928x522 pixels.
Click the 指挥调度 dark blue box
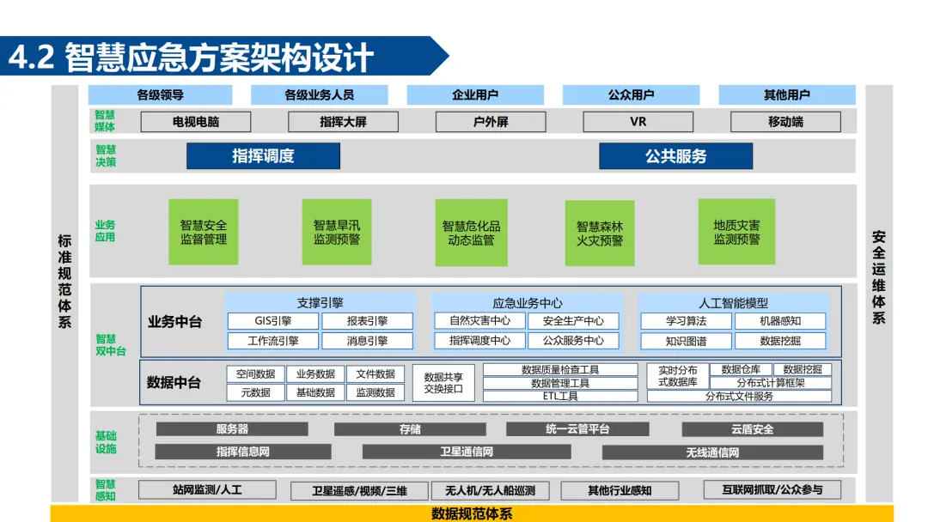pyautogui.click(x=263, y=155)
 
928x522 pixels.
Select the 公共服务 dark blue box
pyautogui.click(x=675, y=155)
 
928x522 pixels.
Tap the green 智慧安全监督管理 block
pyautogui.click(x=204, y=232)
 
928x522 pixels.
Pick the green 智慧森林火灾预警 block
pyautogui.click(x=600, y=233)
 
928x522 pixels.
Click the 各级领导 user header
pyautogui.click(x=160, y=94)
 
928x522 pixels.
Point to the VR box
pyautogui.click(x=638, y=122)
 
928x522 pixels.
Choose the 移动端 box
pyautogui.click(x=785, y=122)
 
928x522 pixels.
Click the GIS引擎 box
pyautogui.click(x=272, y=321)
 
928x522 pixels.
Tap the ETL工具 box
pyautogui.click(x=560, y=397)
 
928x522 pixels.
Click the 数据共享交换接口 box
pyautogui.click(x=443, y=383)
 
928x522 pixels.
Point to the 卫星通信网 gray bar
pyautogui.click(x=467, y=452)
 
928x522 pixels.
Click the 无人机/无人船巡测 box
pyautogui.click(x=490, y=491)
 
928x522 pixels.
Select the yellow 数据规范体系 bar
pyautogui.click(x=471, y=513)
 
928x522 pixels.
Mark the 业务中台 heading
pyautogui.click(x=175, y=322)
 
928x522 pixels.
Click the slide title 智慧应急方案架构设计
pyautogui.click(x=218, y=58)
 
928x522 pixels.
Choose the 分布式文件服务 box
pyautogui.click(x=739, y=397)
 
